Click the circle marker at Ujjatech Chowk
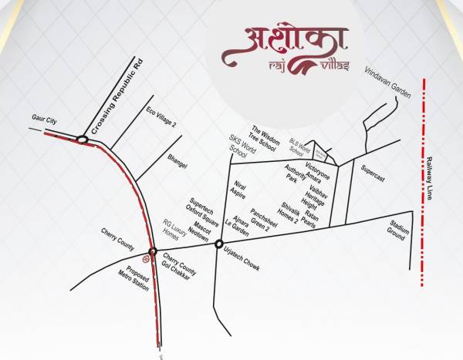[219, 244]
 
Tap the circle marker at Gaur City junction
[82, 140]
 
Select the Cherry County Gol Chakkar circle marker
[153, 251]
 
